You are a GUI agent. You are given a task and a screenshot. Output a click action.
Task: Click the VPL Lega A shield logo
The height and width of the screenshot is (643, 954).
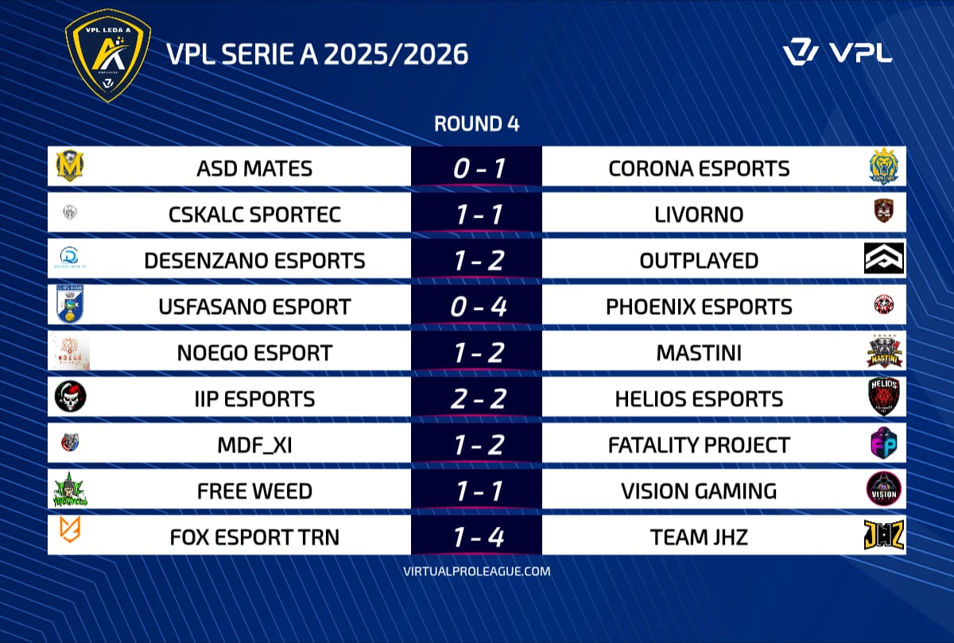click(107, 56)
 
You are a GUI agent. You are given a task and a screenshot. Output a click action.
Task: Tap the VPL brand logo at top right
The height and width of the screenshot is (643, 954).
click(837, 52)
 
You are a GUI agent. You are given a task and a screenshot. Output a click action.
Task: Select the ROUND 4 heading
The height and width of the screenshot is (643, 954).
click(476, 124)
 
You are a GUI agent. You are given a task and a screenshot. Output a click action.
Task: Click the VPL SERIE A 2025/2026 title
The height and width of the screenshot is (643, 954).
click(317, 54)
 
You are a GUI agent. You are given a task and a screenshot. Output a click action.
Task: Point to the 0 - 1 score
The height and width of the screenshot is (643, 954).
click(476, 168)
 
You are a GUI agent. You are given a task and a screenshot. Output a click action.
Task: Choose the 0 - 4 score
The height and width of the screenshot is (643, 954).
click(476, 307)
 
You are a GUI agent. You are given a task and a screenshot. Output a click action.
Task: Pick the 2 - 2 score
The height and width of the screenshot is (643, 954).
click(476, 399)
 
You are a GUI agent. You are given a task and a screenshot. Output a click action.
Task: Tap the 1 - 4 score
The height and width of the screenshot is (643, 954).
click(476, 537)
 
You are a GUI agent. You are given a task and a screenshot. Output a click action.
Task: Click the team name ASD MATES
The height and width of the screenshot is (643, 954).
click(254, 168)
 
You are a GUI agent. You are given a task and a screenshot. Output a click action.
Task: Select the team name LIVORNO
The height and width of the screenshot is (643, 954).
click(699, 215)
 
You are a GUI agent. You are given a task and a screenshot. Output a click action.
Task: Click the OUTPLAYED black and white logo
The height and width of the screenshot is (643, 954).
click(884, 259)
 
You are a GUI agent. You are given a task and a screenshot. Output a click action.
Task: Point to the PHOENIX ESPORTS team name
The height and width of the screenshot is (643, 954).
click(699, 307)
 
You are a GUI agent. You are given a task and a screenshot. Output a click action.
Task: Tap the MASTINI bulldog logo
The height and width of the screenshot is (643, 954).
click(884, 352)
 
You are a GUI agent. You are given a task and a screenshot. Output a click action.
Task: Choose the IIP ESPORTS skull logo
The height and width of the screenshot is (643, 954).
click(71, 397)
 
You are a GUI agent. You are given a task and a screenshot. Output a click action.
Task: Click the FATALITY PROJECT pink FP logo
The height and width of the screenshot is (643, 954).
click(884, 444)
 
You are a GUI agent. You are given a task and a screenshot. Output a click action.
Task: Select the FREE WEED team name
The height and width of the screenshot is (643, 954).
click(254, 491)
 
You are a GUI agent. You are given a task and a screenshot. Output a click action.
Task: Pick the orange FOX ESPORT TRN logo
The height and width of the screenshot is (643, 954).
click(71, 535)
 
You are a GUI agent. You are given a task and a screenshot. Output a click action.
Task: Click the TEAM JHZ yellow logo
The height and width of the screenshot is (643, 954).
click(884, 536)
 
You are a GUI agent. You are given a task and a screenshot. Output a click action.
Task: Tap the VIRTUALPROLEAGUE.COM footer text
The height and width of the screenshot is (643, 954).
click(476, 571)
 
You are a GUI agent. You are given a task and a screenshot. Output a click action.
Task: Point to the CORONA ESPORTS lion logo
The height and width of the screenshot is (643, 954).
click(884, 167)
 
